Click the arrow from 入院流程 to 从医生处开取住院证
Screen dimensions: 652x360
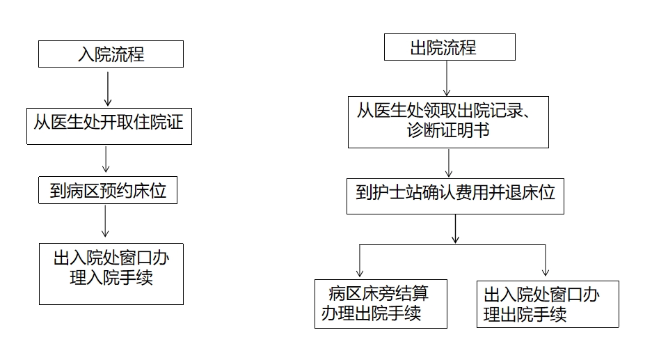(108, 88)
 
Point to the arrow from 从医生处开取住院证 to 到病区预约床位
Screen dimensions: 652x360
(106, 159)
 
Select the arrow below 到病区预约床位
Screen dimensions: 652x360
(105, 221)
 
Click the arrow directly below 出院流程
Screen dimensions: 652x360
(447, 78)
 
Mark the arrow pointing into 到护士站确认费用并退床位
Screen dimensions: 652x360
(449, 163)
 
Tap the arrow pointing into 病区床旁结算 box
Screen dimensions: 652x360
(360, 261)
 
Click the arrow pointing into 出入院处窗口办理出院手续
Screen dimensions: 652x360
(546, 260)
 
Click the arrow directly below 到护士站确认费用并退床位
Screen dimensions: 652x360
(455, 229)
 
